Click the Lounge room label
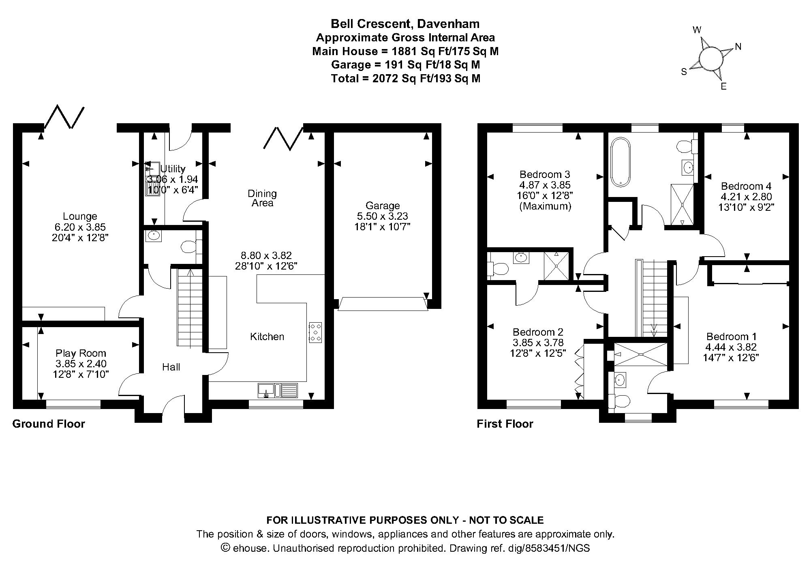tap(80, 216)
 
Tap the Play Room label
tap(81, 353)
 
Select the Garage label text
tap(383, 206)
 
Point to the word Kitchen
tap(267, 336)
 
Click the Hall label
tap(171, 367)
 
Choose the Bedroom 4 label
tap(746, 186)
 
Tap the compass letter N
tap(738, 47)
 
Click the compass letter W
tap(697, 30)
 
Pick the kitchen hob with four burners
tap(315, 332)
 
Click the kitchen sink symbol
tap(278, 390)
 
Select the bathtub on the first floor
tap(620, 162)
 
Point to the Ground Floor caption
tap(49, 424)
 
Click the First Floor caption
tap(505, 424)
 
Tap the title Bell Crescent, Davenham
tap(405, 24)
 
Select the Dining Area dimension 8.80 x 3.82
tap(266, 256)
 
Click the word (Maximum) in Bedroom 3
tap(545, 206)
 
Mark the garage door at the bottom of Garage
tap(383, 304)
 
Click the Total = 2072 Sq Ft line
tap(406, 78)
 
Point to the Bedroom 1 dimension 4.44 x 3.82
tap(731, 347)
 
